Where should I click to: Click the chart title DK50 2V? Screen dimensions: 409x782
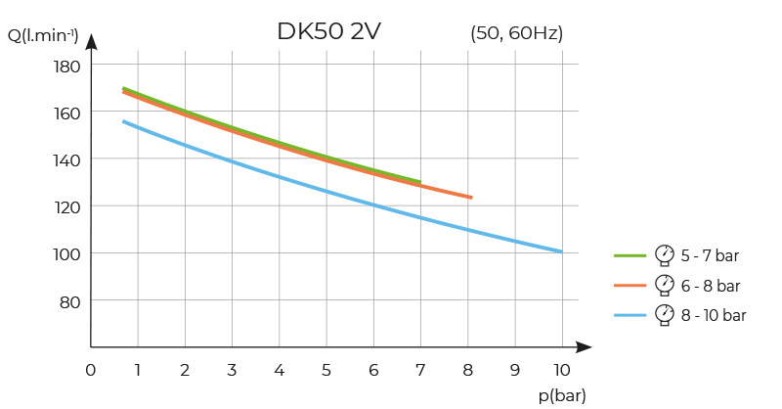coord(328,31)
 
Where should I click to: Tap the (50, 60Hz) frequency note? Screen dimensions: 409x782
coord(516,33)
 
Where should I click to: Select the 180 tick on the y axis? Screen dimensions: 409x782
coord(65,67)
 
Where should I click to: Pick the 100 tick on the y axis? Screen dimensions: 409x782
coord(65,253)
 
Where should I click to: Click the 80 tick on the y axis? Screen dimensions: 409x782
coord(69,300)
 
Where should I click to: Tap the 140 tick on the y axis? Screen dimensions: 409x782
coord(65,159)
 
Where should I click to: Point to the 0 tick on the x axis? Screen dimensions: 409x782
coord(91,370)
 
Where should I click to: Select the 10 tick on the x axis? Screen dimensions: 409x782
coord(561,370)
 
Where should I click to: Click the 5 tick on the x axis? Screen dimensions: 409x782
coord(326,370)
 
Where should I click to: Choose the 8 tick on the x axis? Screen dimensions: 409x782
coord(468,370)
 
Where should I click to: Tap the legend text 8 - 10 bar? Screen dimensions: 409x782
coord(715,315)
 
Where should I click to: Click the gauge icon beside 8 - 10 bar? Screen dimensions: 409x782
coord(665,314)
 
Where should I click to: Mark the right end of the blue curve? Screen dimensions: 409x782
coord(562,251)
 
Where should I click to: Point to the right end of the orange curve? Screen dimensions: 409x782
coord(472,198)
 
